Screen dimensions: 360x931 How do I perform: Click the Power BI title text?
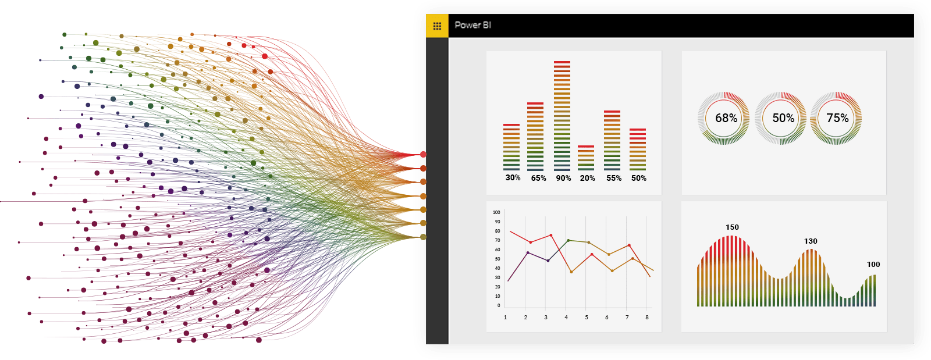pyautogui.click(x=472, y=25)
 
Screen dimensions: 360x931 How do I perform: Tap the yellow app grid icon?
pyautogui.click(x=437, y=26)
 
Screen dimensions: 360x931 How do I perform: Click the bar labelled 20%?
pyautogui.click(x=586, y=158)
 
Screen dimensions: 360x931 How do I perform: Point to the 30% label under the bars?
pyautogui.click(x=513, y=177)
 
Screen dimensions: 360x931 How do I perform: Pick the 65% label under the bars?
pyautogui.click(x=538, y=178)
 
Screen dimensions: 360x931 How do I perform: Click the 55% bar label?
pyautogui.click(x=614, y=178)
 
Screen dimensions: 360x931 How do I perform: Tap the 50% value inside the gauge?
pyautogui.click(x=783, y=118)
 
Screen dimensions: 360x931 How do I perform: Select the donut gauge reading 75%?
pyautogui.click(x=836, y=118)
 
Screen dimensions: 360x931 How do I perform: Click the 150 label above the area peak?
pyautogui.click(x=732, y=227)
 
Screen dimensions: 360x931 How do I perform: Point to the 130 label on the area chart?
pyautogui.click(x=811, y=241)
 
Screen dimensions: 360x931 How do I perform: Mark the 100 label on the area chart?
pyautogui.click(x=873, y=264)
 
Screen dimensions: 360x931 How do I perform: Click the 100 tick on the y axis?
pyautogui.click(x=496, y=212)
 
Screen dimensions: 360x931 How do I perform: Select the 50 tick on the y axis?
pyautogui.click(x=498, y=259)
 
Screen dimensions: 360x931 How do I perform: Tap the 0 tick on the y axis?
pyautogui.click(x=499, y=305)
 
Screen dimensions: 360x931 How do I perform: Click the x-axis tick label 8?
pyautogui.click(x=647, y=318)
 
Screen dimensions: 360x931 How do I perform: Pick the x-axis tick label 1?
pyautogui.click(x=505, y=318)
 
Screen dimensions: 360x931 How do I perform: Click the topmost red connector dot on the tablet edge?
pyautogui.click(x=423, y=154)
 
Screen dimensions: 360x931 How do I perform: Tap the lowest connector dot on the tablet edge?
pyautogui.click(x=423, y=237)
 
